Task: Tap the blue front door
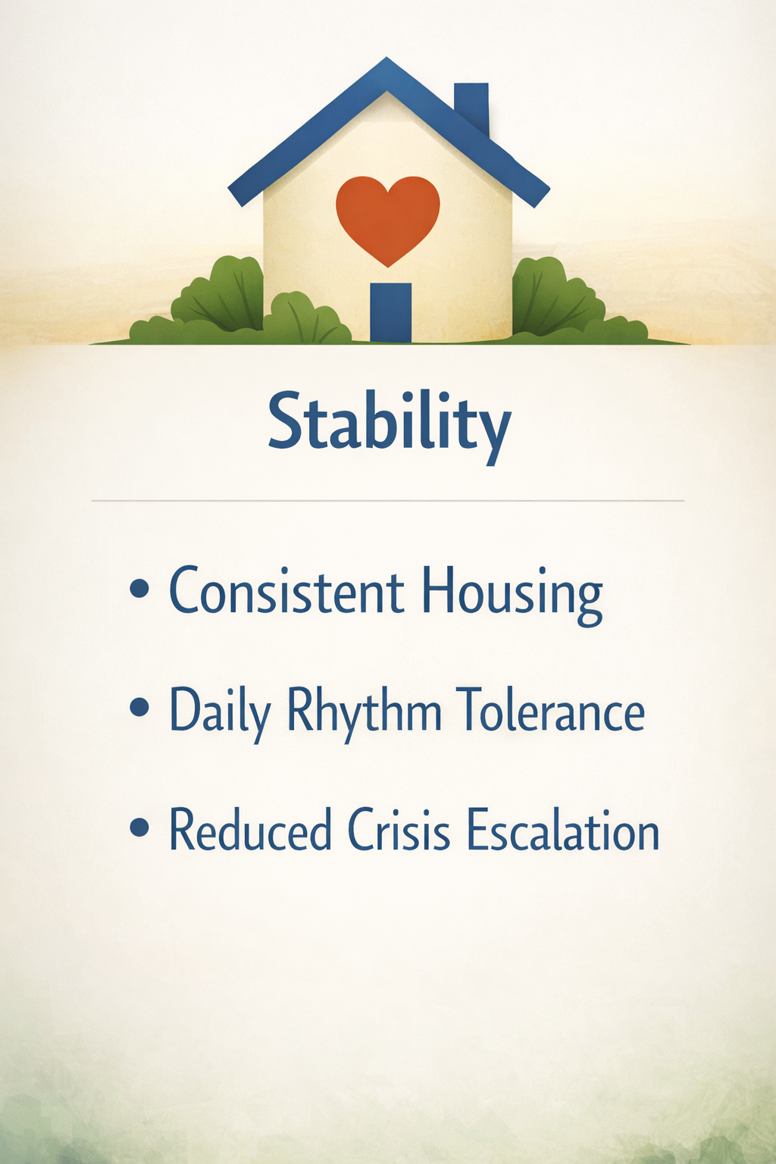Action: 391,312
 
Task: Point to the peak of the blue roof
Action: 386,58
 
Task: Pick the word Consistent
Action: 286,590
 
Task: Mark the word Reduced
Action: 251,829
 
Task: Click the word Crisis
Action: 399,829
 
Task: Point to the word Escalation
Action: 563,829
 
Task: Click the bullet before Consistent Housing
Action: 139,590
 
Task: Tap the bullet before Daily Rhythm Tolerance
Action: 139,708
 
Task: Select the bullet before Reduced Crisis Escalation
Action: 139,827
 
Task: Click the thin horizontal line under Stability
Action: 388,501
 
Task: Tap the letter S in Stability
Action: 286,421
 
